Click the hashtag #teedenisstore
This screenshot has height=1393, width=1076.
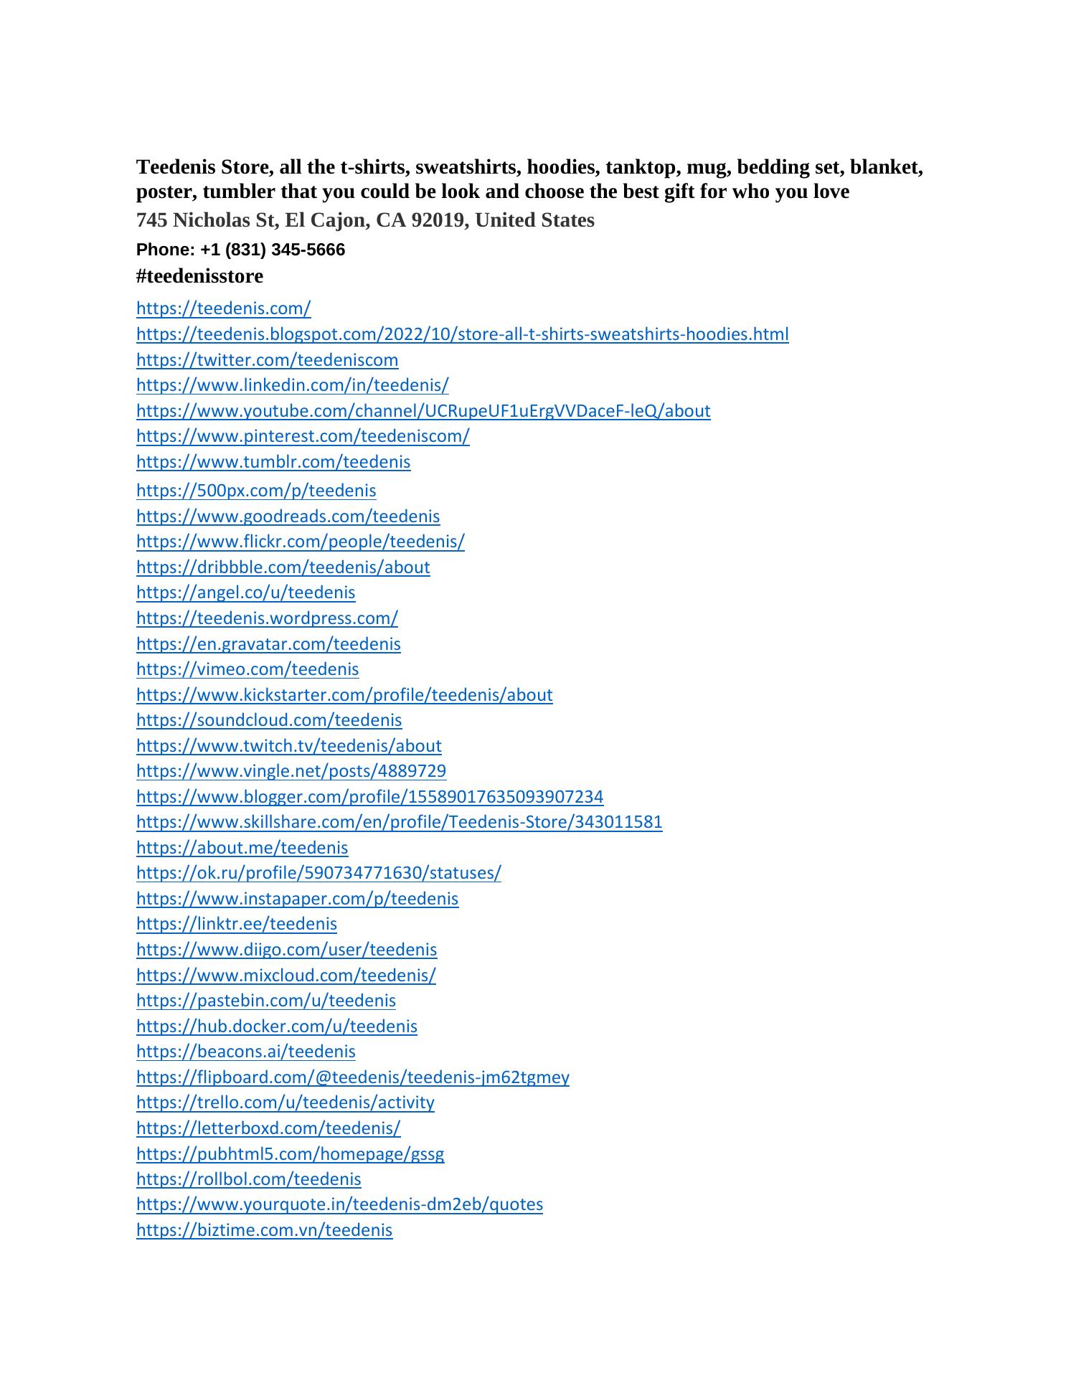(199, 276)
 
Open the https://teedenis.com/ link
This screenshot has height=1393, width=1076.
(223, 308)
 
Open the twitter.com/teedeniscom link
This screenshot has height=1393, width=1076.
(267, 360)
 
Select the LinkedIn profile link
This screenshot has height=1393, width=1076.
(292, 385)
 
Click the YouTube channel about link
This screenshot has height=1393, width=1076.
(423, 411)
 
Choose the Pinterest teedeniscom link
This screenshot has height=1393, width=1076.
(303, 436)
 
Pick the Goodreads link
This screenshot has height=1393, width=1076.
(288, 516)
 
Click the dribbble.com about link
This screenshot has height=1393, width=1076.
(283, 567)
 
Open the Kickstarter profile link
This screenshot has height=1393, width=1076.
(344, 695)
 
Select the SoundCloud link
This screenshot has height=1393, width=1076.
(269, 720)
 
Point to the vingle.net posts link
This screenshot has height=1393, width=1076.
(291, 771)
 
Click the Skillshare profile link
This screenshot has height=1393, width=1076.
(399, 822)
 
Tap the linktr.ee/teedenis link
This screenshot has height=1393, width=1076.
(236, 924)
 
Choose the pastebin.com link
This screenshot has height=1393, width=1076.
(265, 1001)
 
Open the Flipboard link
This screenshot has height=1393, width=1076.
(352, 1077)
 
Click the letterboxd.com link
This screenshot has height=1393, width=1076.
(268, 1128)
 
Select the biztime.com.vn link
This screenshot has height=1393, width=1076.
(264, 1230)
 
